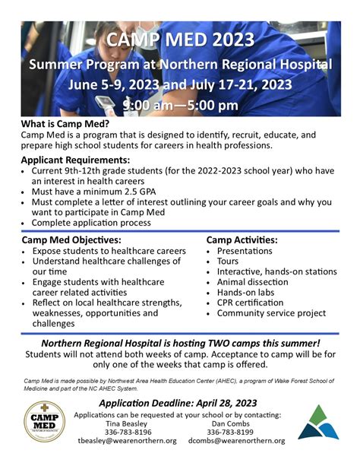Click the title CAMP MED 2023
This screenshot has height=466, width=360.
point(180,39)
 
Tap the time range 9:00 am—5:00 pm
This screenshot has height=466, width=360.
point(180,105)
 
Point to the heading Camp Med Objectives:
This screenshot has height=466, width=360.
point(71,240)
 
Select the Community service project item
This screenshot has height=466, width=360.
point(271,313)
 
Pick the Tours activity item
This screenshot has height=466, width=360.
point(228,261)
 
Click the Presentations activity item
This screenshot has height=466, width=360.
point(245,251)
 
